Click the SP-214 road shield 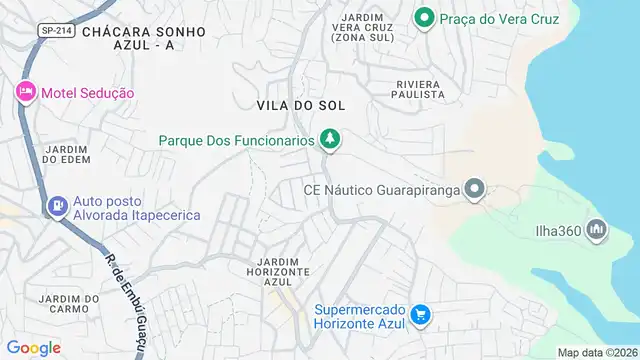point(56,31)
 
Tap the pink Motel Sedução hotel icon point(25,92)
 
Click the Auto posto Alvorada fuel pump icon point(58,207)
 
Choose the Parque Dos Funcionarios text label point(236,141)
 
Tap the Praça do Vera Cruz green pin point(424,18)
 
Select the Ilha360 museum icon point(597,231)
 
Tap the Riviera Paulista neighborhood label point(406,88)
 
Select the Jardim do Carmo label point(69,305)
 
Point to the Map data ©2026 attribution point(597,352)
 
